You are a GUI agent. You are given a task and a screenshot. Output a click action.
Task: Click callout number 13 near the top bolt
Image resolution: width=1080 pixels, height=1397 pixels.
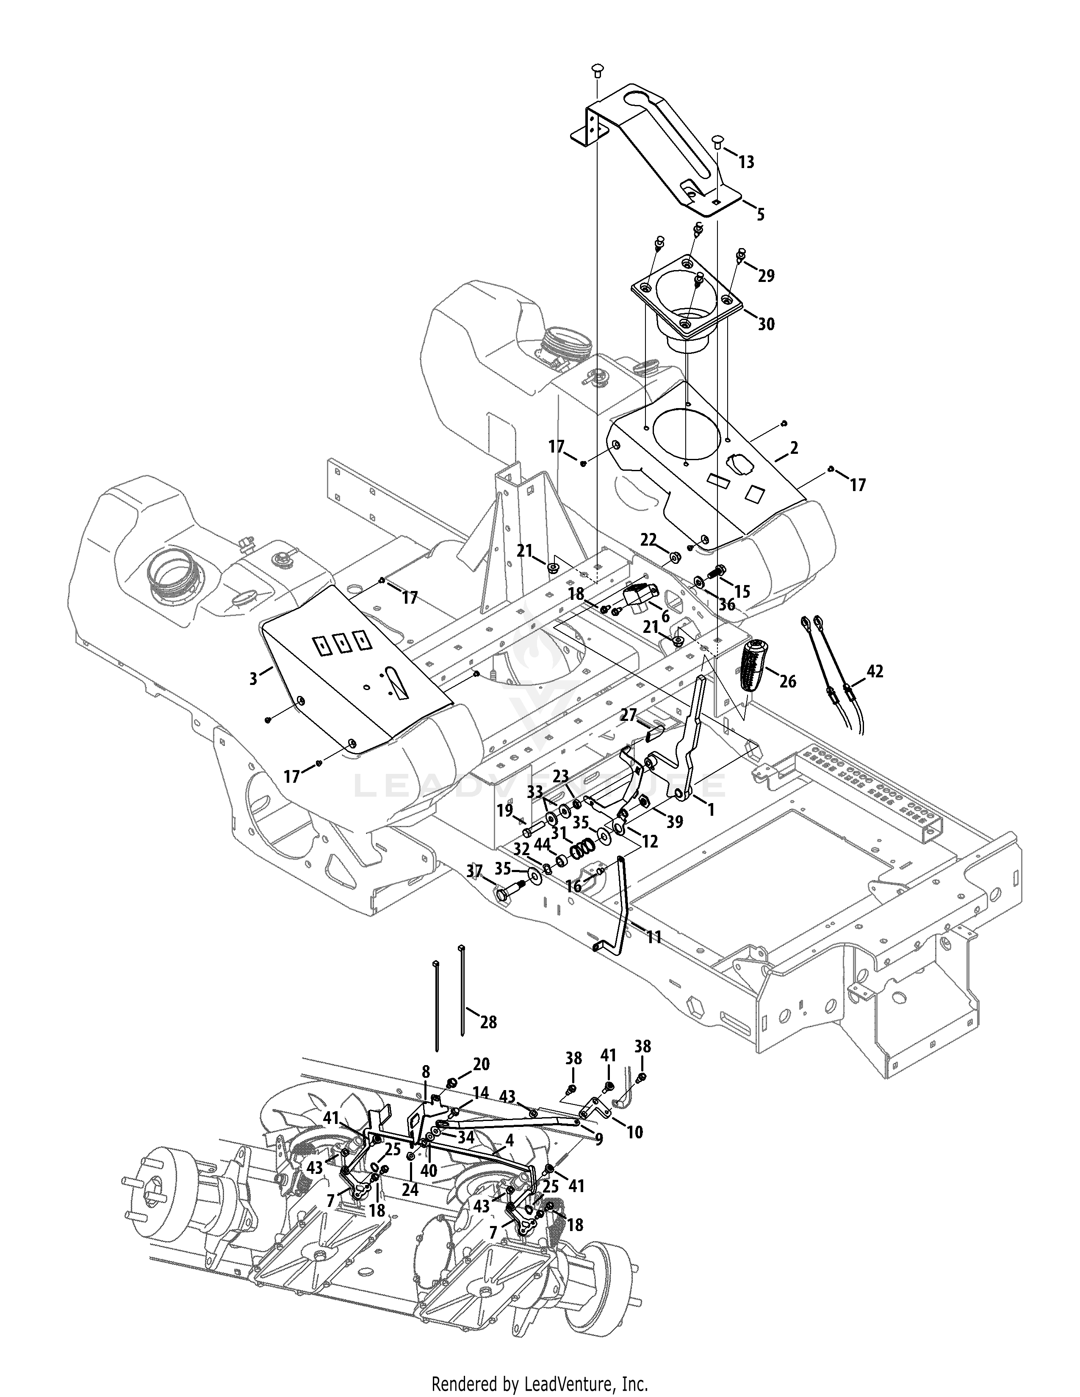(746, 163)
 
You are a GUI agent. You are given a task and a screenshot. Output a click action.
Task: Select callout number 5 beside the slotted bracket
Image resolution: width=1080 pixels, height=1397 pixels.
(760, 214)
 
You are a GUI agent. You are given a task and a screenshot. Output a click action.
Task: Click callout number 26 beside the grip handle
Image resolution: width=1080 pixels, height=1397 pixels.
(788, 682)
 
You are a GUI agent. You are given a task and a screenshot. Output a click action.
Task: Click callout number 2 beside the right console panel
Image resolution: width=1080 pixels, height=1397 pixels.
(794, 448)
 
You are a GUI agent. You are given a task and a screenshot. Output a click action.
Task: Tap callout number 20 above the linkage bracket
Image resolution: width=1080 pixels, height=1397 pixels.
(481, 1064)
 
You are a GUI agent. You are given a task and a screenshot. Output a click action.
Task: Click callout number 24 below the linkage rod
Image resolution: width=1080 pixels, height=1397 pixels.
(410, 1191)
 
